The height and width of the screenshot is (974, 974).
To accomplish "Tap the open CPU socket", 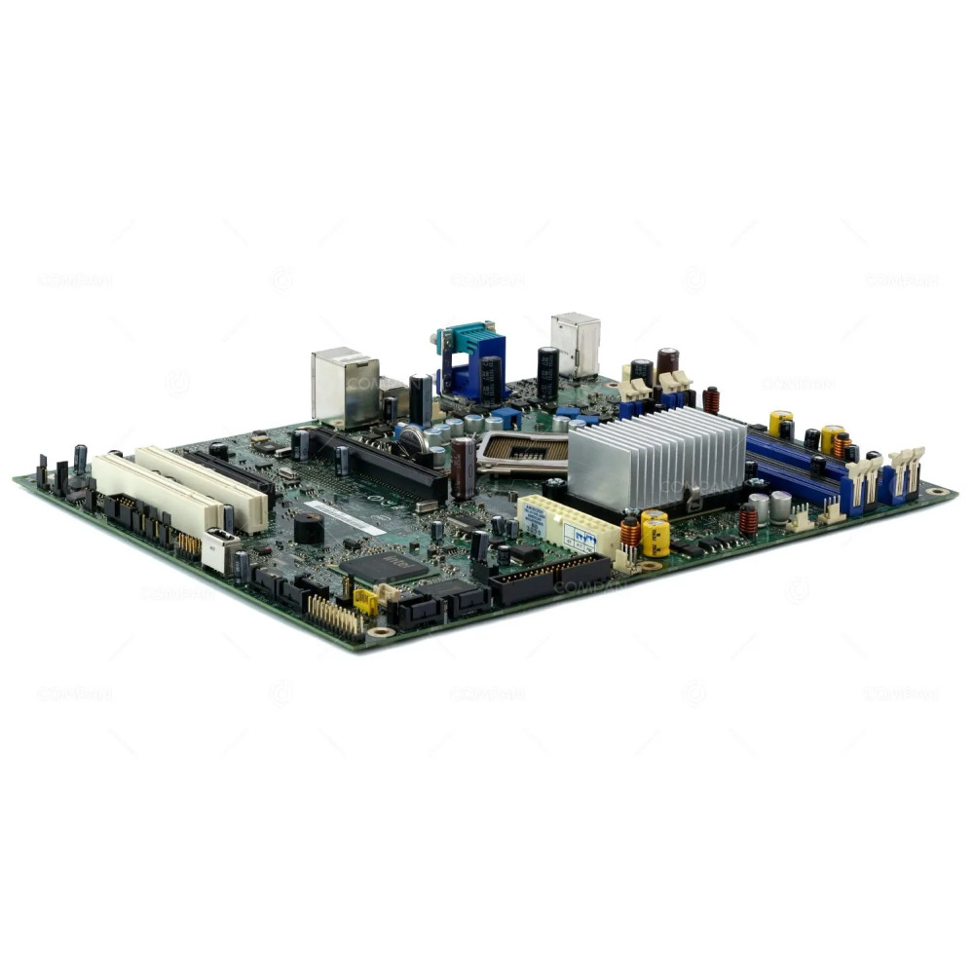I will click(x=521, y=451).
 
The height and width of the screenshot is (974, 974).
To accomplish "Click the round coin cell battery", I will click(x=412, y=437).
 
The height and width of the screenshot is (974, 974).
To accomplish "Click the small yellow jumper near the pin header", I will click(x=366, y=602).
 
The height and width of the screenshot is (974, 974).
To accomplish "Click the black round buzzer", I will click(x=309, y=529).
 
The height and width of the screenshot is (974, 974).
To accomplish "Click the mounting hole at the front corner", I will click(x=379, y=632).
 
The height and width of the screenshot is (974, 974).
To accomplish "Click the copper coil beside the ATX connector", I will click(x=630, y=532).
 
